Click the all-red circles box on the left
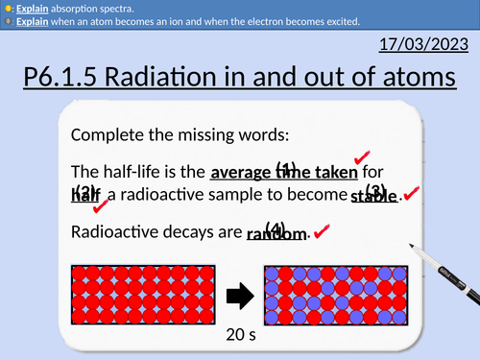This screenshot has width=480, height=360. pyautogui.click(x=144, y=296)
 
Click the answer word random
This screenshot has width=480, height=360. pyautogui.click(x=276, y=233)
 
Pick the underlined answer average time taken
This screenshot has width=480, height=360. pyautogui.click(x=283, y=173)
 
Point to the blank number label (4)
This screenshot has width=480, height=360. pyautogui.click(x=276, y=227)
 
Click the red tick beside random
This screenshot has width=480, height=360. pyautogui.click(x=322, y=231)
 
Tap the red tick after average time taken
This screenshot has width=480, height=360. pyautogui.click(x=362, y=156)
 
